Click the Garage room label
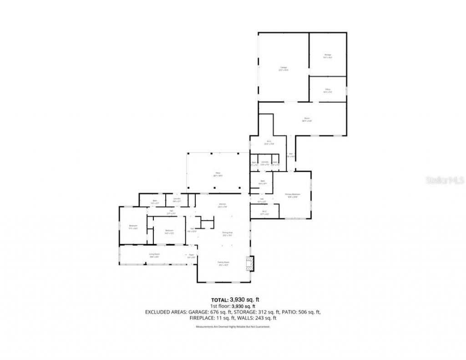[x=284, y=68]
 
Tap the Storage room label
[x=328, y=56]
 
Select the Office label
[x=328, y=90]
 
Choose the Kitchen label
[x=223, y=205]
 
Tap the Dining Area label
[x=227, y=233]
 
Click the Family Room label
[x=223, y=263]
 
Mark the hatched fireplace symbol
[x=249, y=263]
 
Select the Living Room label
[x=154, y=255]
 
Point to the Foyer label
[x=191, y=256]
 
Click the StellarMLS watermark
[x=444, y=180]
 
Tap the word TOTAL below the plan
[x=220, y=300]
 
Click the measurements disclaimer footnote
[x=233, y=327]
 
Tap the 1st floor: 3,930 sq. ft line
[x=233, y=306]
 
